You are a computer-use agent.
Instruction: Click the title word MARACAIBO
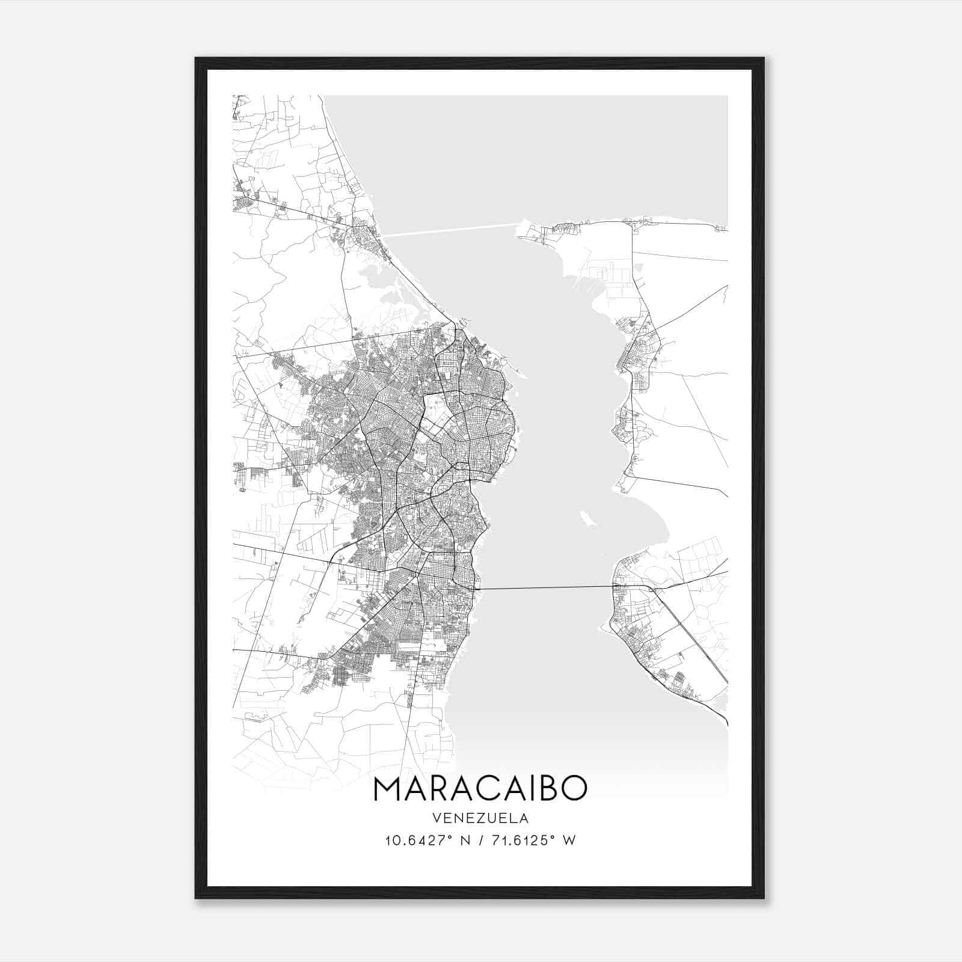pos(480,789)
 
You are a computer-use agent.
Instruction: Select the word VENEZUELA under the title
pos(480,818)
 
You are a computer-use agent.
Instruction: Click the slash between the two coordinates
pos(480,841)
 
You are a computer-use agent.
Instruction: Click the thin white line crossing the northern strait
pos(451,230)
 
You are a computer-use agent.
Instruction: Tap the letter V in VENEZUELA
pos(435,818)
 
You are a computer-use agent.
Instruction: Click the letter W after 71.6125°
pos(569,841)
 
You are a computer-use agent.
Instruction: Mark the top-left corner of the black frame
pos(196,58)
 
